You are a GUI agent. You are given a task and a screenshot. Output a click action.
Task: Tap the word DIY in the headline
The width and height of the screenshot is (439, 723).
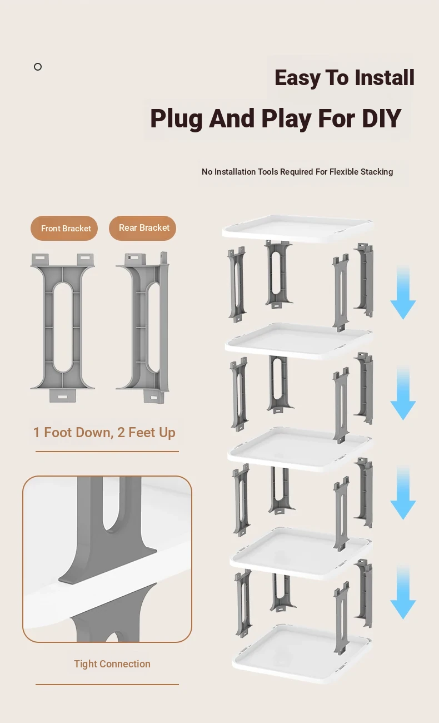(x=382, y=118)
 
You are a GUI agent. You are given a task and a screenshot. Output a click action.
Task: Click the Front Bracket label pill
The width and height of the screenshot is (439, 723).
(x=64, y=228)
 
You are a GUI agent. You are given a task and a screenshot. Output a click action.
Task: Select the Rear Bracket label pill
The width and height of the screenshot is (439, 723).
(x=143, y=228)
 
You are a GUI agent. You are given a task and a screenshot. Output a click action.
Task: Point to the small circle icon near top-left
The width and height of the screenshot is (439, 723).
(x=38, y=67)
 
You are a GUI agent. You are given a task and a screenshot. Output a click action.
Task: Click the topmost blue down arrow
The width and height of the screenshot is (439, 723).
(x=403, y=292)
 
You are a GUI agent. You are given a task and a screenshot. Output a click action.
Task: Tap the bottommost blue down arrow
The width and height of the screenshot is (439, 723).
(x=403, y=592)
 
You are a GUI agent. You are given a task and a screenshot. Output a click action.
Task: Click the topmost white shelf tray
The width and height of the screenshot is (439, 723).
(x=298, y=229)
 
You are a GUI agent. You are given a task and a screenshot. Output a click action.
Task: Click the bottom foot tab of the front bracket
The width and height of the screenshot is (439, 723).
(x=63, y=396)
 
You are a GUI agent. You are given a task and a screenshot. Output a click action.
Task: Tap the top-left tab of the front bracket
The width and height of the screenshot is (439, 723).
(x=40, y=259)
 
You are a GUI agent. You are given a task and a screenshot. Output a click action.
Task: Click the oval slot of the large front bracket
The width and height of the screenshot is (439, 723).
(x=63, y=328)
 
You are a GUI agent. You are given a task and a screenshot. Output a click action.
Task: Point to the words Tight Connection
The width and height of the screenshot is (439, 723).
(x=112, y=663)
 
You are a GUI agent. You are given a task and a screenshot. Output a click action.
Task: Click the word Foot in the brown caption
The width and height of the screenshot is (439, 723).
(x=58, y=433)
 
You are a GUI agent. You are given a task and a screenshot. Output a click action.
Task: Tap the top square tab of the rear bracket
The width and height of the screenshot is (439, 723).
(x=135, y=259)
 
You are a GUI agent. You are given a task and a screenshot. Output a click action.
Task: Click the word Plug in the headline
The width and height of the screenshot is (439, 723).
(x=177, y=119)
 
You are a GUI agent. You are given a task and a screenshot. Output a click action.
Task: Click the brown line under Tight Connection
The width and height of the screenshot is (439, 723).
(x=107, y=684)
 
